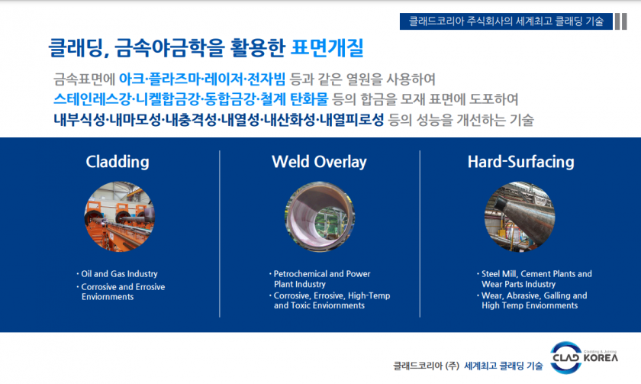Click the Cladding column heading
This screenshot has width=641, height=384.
118,162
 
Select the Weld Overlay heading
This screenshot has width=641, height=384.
319,162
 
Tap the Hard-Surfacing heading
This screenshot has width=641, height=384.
520,162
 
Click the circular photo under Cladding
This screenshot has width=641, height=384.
119,217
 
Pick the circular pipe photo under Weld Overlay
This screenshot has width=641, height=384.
320,217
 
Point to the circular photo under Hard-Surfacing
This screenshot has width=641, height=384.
520,217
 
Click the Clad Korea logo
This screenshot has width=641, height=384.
585,357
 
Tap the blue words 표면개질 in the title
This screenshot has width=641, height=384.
327,48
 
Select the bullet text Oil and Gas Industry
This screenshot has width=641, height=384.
119,274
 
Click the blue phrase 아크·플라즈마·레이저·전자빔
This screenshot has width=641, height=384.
202,79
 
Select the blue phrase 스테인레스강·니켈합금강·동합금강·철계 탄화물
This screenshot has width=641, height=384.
191,99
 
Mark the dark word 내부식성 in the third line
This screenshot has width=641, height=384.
79,120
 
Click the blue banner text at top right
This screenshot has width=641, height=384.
506,21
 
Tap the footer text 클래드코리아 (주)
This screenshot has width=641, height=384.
426,366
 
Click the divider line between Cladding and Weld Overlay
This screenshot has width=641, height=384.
220,234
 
